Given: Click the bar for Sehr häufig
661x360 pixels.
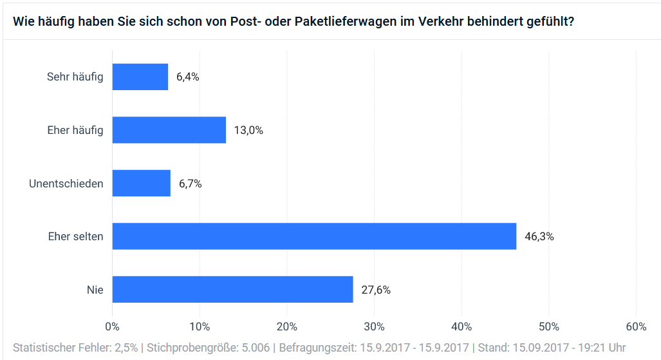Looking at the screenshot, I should [140, 77].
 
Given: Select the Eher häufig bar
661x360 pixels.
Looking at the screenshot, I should [169, 130].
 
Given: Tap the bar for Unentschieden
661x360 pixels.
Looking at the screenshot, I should [141, 184].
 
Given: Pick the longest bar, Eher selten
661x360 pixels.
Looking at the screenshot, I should [314, 236].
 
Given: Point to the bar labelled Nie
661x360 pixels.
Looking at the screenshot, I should [232, 290].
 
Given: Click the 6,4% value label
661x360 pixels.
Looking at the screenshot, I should [187, 77].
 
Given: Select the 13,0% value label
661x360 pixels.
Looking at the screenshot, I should [248, 130].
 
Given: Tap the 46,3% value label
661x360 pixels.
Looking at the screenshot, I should [539, 236].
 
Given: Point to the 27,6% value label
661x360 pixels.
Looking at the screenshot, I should [376, 290].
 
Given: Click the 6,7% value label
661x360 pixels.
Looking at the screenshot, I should [190, 184].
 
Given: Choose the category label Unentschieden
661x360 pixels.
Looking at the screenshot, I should [66, 184].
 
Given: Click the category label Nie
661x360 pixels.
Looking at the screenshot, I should [95, 290].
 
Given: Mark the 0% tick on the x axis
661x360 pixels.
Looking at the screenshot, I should [112, 327].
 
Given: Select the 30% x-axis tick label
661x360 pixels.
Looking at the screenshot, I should [374, 327].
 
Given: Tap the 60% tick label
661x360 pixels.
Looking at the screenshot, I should [636, 327].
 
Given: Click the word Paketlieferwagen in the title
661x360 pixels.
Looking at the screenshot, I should [348, 21].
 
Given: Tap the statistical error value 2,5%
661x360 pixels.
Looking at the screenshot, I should [125, 348].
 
